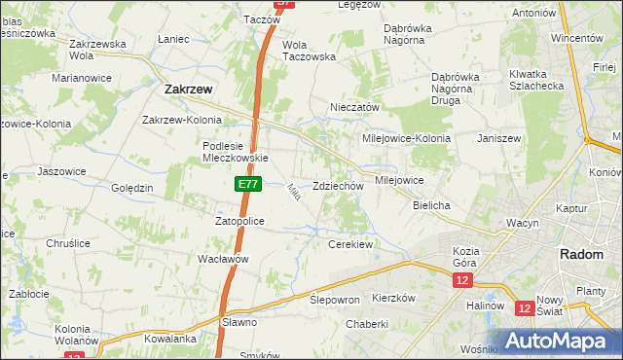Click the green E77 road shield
pyautogui.click(x=246, y=184)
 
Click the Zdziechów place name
pyautogui.click(x=339, y=186)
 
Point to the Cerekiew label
pyautogui.click(x=350, y=244)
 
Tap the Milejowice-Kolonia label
pyautogui.click(x=407, y=138)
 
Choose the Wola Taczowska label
pyautogui.click(x=309, y=51)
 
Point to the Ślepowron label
pyautogui.click(x=335, y=300)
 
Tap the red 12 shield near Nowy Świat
pyautogui.click(x=525, y=308)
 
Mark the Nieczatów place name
pyautogui.click(x=354, y=107)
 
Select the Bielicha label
pyautogui.click(x=431, y=206)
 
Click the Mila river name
pyautogui.click(x=292, y=193)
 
